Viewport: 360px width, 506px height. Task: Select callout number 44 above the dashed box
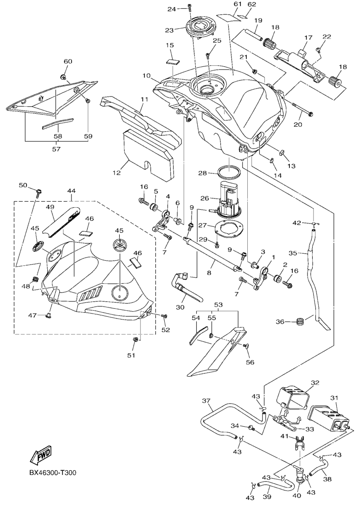71,191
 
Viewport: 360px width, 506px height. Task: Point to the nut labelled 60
64,76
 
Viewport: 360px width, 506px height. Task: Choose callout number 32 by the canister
315,383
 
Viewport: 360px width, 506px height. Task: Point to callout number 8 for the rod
209,273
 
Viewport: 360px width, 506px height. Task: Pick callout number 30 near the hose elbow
180,307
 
